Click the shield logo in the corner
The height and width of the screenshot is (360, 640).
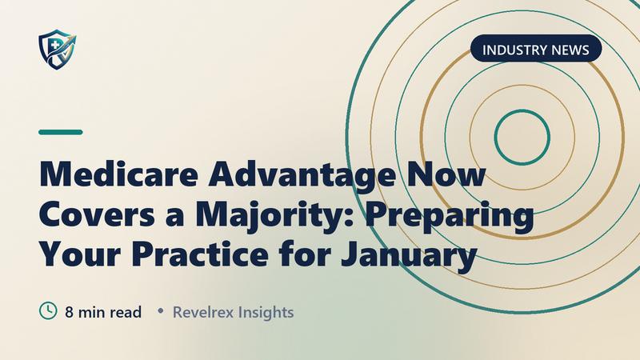[57, 49]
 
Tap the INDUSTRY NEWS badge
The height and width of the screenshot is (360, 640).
[536, 49]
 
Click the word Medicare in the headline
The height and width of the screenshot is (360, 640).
[118, 174]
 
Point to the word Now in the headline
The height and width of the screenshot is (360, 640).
[446, 174]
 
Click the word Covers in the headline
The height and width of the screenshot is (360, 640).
[97, 214]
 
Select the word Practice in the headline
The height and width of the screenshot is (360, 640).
[200, 254]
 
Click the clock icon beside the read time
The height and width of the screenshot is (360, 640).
[48, 310]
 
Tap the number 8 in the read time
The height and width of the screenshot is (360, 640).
[70, 312]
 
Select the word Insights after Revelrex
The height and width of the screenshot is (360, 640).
[266, 313]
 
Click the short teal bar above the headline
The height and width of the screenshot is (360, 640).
[61, 132]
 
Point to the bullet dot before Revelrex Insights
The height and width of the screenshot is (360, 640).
[161, 311]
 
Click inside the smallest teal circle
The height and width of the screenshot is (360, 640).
[522, 137]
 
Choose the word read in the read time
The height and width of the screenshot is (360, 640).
[126, 312]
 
